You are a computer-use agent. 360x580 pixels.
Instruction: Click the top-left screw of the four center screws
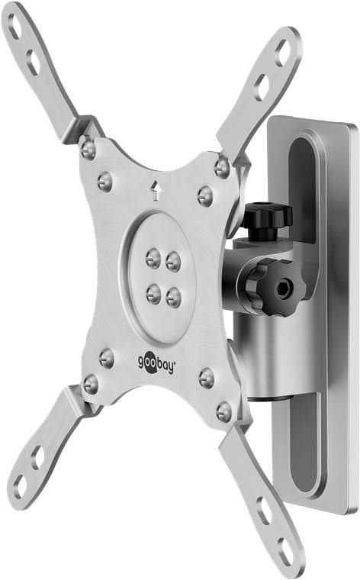click(153, 258)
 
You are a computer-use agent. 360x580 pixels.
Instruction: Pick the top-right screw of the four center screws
click(173, 261)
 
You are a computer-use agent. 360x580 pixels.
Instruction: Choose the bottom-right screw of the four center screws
click(174, 295)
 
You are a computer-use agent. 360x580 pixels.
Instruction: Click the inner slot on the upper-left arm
click(33, 62)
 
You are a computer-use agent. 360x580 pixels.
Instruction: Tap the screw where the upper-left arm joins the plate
click(88, 149)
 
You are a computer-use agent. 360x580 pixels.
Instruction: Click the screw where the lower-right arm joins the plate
click(223, 412)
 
